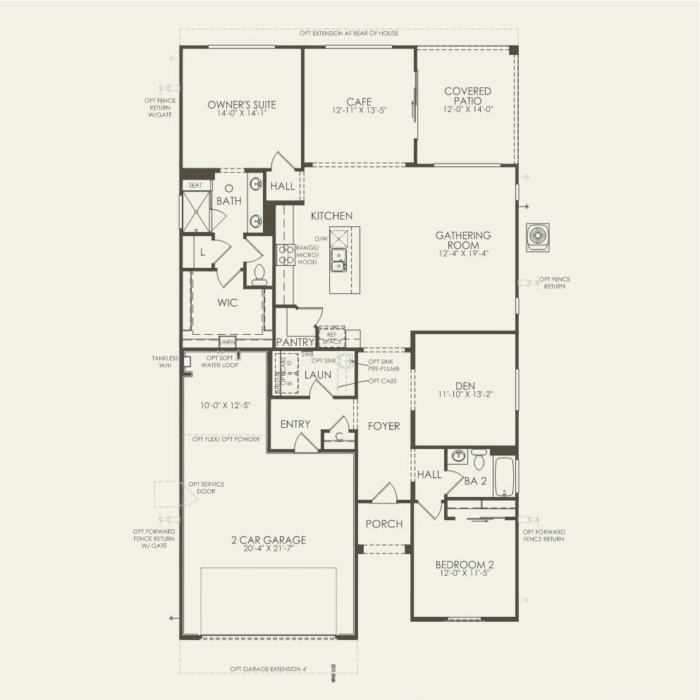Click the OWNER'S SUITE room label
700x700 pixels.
point(242,105)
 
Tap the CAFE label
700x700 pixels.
point(359,102)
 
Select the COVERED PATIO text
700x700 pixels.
point(467,96)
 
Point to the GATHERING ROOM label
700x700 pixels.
point(462,240)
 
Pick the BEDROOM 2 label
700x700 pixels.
point(464,565)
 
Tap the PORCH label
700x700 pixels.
point(384,524)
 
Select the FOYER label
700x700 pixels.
point(383,426)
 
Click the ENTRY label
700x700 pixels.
point(295,424)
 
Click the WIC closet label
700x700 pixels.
point(228,302)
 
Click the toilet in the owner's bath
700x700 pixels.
point(259,274)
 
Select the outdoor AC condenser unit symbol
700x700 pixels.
point(538,236)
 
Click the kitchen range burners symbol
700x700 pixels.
point(285,254)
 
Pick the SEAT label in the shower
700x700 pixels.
point(195,185)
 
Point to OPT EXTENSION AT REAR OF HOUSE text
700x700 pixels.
point(348,33)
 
